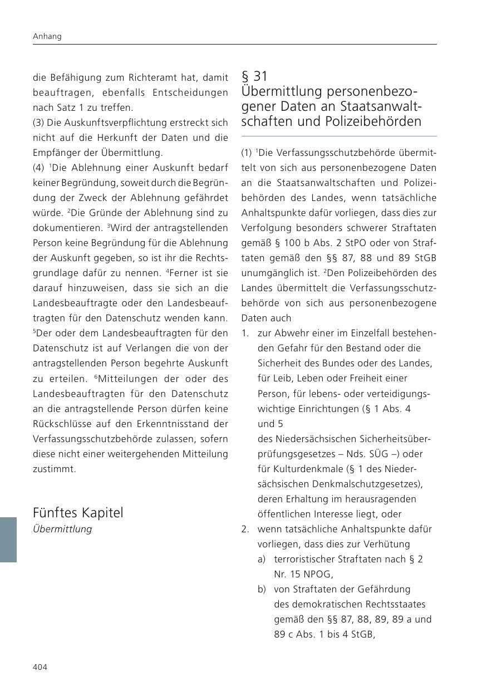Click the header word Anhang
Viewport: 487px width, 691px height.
point(47,36)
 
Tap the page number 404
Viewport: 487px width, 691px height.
point(40,667)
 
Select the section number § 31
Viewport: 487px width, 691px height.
point(254,76)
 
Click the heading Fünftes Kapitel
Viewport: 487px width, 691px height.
point(78,512)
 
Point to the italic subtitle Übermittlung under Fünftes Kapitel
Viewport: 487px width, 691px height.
point(62,529)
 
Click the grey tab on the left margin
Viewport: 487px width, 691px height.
point(8,539)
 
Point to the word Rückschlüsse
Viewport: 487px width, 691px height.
point(60,424)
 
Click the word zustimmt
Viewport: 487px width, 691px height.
point(54,469)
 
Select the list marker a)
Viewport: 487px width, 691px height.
point(262,559)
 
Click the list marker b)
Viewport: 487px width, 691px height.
point(262,589)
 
